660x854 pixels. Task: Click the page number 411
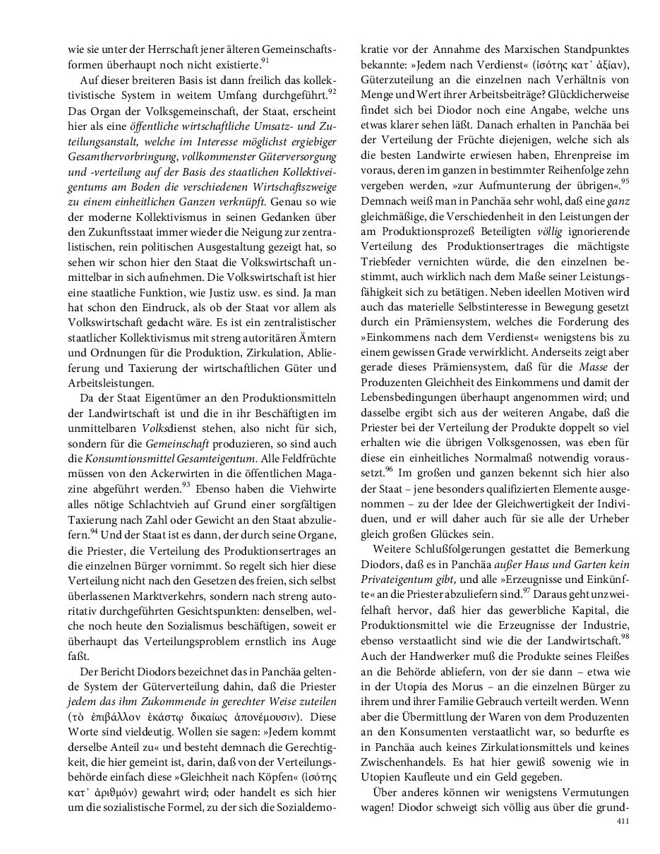pos(623,821)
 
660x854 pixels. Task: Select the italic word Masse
pos(594,367)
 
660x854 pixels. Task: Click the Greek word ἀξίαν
pos(604,66)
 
